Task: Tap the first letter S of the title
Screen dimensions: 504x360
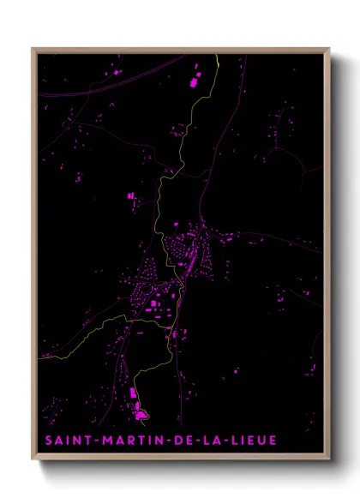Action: pyautogui.click(x=49, y=441)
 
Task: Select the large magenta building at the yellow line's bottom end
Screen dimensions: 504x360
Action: pyautogui.click(x=140, y=415)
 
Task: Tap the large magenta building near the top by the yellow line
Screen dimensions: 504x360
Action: pyautogui.click(x=193, y=85)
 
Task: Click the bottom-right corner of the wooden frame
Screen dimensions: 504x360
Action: pyautogui.click(x=329, y=459)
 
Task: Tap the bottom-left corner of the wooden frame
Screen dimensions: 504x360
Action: pyautogui.click(x=33, y=459)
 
